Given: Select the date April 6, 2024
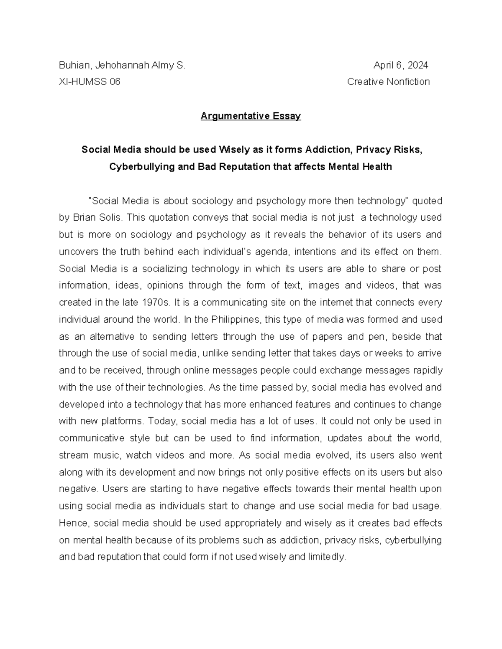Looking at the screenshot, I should [x=400, y=66].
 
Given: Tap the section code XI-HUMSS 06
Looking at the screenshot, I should [x=90, y=82].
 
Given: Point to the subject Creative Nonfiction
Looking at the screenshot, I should [x=388, y=82].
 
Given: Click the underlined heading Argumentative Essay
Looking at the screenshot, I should [x=251, y=116].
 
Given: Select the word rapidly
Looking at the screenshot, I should [x=428, y=371].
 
